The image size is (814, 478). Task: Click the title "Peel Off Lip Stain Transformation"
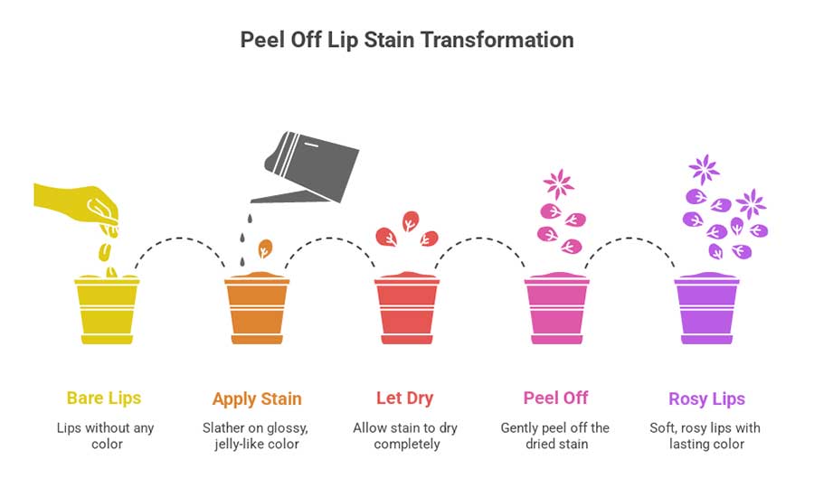coord(406,41)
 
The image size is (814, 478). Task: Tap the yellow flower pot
coord(107,309)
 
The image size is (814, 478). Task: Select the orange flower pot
coord(257,309)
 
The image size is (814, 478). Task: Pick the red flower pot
coord(406,309)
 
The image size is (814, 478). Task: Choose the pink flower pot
coord(556,309)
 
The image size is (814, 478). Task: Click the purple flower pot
coord(706,309)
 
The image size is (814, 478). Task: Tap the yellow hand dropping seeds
coord(77,201)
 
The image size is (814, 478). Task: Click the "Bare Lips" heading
coord(104,398)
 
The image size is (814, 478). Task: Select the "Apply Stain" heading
coord(257,398)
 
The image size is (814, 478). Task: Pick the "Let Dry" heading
coord(405,398)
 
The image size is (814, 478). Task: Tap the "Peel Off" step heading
coord(555,398)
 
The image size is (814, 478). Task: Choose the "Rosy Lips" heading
coord(706,398)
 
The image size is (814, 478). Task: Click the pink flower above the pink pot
coord(558,184)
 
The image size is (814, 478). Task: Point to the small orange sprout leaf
coord(265,248)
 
